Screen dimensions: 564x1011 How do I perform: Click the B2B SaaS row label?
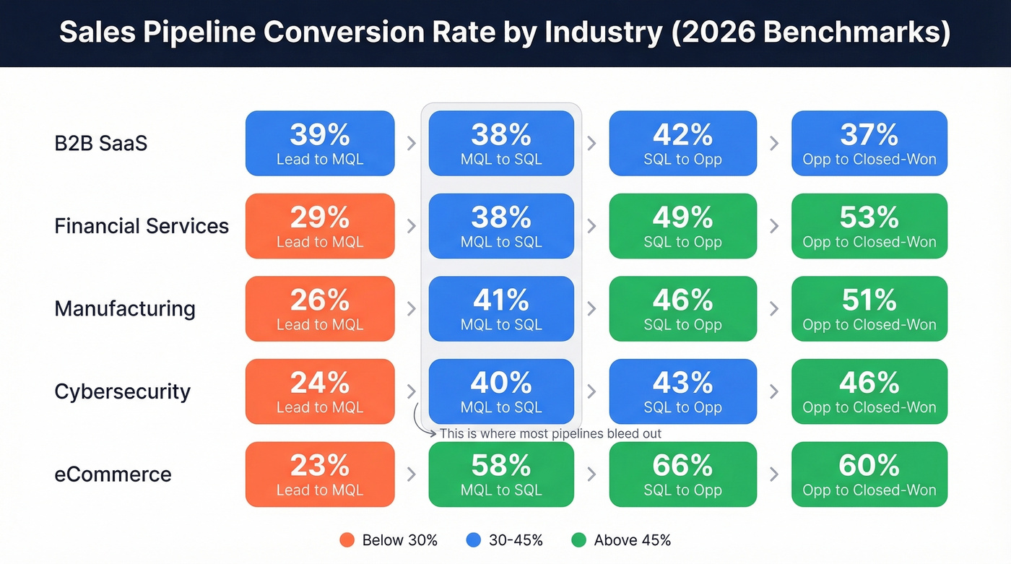tap(100, 143)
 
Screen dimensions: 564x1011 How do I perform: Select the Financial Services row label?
tap(142, 226)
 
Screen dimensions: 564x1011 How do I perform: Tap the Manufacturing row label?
tap(125, 309)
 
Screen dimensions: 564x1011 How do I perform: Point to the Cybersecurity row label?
tap(123, 391)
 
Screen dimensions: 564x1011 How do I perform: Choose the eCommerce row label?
tap(113, 474)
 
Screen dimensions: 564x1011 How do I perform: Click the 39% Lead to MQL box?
tap(320, 143)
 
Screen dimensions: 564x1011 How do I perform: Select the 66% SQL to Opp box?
tap(682, 474)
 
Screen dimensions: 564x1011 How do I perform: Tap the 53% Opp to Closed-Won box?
tap(869, 226)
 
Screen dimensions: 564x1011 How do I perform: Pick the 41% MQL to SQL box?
tap(501, 309)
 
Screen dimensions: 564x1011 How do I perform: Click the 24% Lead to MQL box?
tap(320, 391)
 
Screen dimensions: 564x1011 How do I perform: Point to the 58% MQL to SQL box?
tap(501, 474)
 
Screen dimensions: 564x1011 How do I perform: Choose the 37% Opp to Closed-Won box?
tap(869, 143)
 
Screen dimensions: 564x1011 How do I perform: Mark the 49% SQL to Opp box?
tap(682, 226)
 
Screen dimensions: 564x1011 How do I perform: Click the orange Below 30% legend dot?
tap(347, 540)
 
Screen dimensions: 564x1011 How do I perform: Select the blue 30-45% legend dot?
tap(474, 540)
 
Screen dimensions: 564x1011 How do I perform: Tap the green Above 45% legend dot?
tap(578, 540)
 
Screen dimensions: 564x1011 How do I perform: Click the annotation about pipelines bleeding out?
tap(550, 433)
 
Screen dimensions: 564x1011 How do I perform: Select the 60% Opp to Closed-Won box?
tap(869, 474)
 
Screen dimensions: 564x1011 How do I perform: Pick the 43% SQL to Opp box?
tap(682, 391)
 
